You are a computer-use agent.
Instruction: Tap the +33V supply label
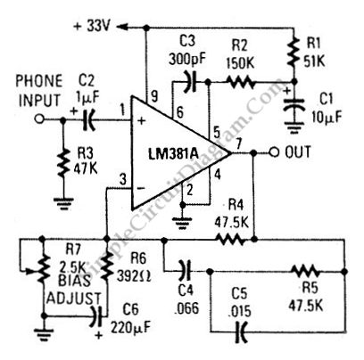(93, 27)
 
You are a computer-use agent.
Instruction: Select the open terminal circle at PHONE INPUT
(39, 119)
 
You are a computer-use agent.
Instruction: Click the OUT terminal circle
(274, 153)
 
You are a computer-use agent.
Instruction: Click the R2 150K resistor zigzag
(241, 82)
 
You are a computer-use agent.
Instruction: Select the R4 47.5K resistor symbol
(231, 239)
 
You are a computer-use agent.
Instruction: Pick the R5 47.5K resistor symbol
(305, 271)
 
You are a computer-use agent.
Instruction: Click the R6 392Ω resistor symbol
(106, 266)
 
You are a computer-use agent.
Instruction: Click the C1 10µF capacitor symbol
(294, 104)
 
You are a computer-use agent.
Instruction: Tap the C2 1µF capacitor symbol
(88, 119)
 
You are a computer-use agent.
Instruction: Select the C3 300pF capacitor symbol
(191, 81)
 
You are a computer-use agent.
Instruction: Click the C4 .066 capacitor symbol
(185, 271)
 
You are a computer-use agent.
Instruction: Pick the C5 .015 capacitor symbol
(240, 331)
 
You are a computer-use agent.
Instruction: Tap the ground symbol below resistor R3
(62, 203)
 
